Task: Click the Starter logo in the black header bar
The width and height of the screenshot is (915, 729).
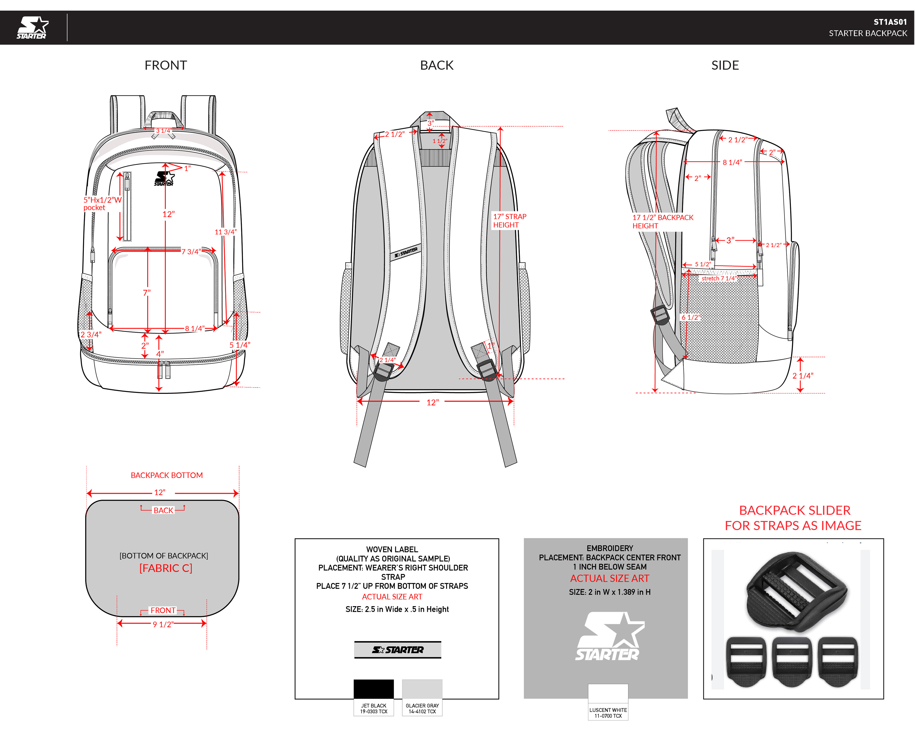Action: click(x=32, y=28)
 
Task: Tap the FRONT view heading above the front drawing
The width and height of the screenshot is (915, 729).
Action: click(x=166, y=65)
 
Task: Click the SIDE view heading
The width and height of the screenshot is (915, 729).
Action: click(x=725, y=65)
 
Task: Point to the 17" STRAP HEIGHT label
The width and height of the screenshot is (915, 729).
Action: click(x=509, y=220)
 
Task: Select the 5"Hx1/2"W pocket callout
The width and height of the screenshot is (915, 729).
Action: click(x=102, y=204)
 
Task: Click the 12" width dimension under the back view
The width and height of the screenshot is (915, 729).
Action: click(x=432, y=402)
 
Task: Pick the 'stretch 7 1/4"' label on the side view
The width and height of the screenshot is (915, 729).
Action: click(x=718, y=279)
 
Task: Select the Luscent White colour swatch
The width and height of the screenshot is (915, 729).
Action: click(x=608, y=695)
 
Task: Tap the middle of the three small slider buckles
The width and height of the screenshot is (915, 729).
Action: click(x=792, y=662)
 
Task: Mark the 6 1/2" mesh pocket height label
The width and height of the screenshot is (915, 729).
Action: click(x=691, y=317)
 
